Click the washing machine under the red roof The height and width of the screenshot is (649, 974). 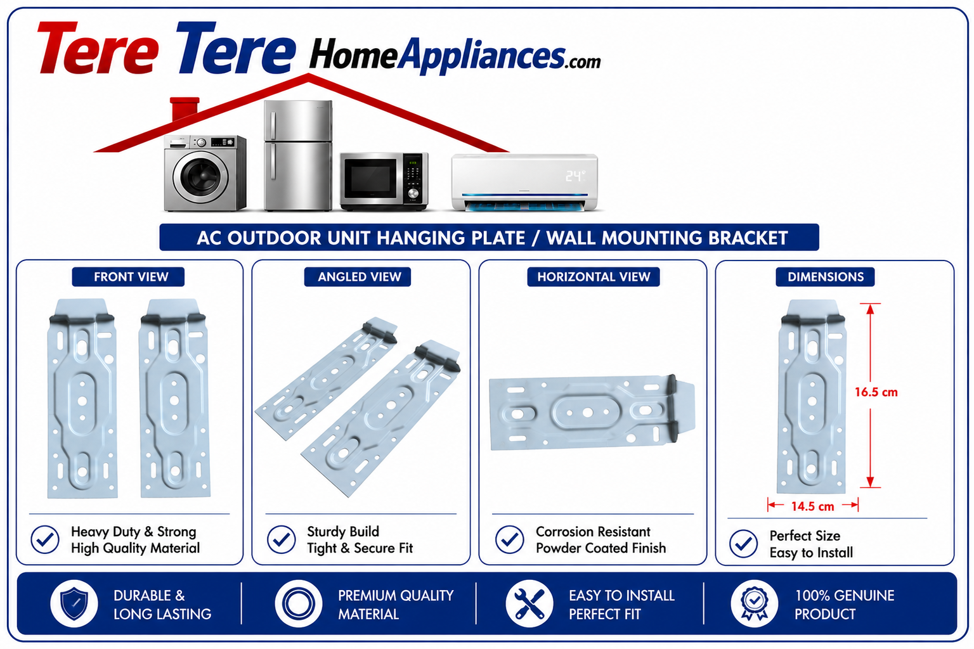pyautogui.click(x=205, y=173)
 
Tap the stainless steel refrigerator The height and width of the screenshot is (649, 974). pyautogui.click(x=298, y=155)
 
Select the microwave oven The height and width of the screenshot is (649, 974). pyautogui.click(x=384, y=181)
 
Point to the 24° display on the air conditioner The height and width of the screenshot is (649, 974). pyautogui.click(x=575, y=176)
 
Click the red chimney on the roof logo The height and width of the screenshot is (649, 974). pyautogui.click(x=185, y=108)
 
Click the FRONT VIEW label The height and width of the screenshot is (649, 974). pyautogui.click(x=131, y=277)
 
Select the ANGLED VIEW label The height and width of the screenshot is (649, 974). pyautogui.click(x=359, y=277)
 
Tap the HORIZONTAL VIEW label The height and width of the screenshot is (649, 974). pyautogui.click(x=594, y=277)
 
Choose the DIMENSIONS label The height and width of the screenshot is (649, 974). pyautogui.click(x=825, y=277)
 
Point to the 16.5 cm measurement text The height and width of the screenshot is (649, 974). pyautogui.click(x=876, y=392)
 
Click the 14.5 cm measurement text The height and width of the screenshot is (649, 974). pyautogui.click(x=812, y=506)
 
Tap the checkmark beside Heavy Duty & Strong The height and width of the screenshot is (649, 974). pyautogui.click(x=45, y=539)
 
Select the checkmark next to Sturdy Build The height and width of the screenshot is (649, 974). pyautogui.click(x=282, y=539)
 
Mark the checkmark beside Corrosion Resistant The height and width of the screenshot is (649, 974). pyautogui.click(x=510, y=539)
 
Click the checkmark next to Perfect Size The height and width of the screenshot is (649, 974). pyautogui.click(x=744, y=543)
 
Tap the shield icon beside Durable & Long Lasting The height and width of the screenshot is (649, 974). pyautogui.click(x=74, y=603)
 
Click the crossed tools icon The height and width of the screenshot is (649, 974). pyautogui.click(x=529, y=603)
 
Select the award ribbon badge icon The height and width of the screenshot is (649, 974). pyautogui.click(x=755, y=603)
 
